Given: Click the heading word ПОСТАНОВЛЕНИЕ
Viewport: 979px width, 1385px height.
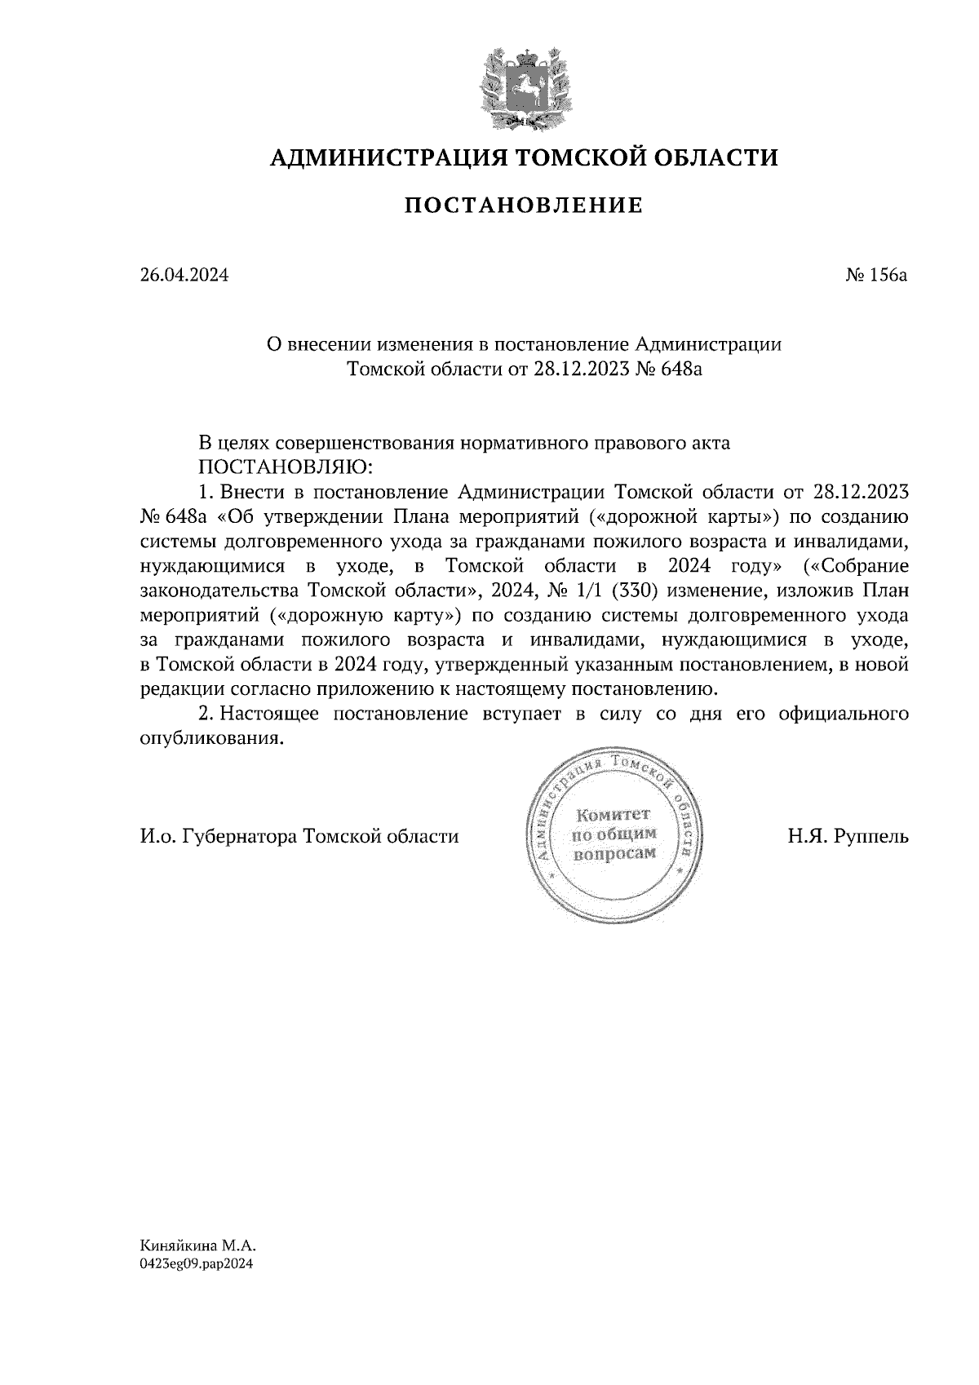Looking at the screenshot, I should pos(523,206).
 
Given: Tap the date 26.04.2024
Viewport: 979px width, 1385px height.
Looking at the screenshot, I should pos(184,276).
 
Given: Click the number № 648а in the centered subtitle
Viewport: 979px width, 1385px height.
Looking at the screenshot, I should pos(669,369).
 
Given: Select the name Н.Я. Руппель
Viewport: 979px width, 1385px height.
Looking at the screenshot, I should pos(848,836).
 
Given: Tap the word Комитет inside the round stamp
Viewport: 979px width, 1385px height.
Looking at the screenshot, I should pos(613,815).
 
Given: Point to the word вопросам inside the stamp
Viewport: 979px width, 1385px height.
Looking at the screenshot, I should pos(614,854).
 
